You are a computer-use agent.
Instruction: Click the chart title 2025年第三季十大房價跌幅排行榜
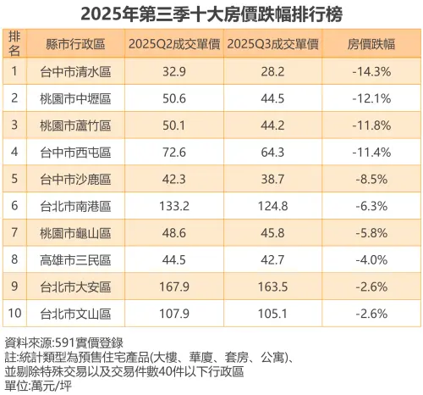pos(211,14)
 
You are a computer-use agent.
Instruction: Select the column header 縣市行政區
pos(75,44)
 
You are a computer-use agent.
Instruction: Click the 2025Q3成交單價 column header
pos(272,44)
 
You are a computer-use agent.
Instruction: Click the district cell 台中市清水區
pos(75,71)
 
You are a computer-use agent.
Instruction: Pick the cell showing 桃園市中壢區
pos(75,98)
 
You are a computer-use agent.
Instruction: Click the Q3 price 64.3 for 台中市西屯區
pos(272,153)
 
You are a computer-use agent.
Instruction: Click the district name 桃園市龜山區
pos(75,234)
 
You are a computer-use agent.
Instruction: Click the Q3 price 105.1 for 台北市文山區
pos(272,314)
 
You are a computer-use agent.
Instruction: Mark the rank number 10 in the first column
pos(14,314)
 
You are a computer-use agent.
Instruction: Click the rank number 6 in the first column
pos(14,207)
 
